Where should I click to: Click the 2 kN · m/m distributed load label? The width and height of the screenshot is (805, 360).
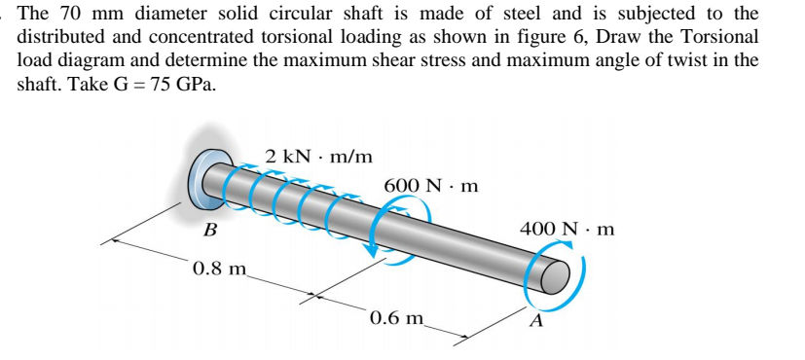pyautogui.click(x=318, y=156)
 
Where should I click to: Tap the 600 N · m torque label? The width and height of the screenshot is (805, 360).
pyautogui.click(x=430, y=185)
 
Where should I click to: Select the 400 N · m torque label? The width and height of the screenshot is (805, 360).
pyautogui.click(x=567, y=230)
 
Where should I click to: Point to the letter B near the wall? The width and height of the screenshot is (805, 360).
pyautogui.click(x=209, y=233)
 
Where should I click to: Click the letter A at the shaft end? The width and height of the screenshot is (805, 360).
pyautogui.click(x=535, y=323)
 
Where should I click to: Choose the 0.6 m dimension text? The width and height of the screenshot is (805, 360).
pyautogui.click(x=398, y=317)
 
